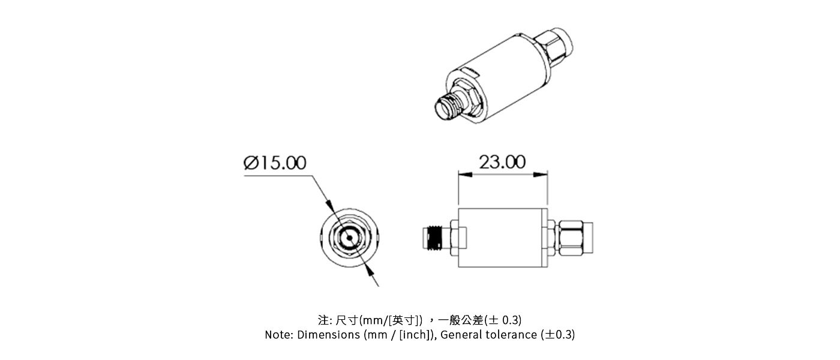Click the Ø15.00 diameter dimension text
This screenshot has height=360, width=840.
275,163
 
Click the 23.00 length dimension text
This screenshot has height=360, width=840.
502,162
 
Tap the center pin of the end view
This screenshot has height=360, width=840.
349,238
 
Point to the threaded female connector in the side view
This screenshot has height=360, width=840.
435,238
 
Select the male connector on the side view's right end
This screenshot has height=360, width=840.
575,238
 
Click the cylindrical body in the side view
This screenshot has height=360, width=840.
503,238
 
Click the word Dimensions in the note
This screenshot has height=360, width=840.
329,335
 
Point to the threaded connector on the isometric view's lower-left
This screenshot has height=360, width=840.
449,106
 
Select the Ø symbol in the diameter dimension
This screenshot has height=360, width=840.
251,163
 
